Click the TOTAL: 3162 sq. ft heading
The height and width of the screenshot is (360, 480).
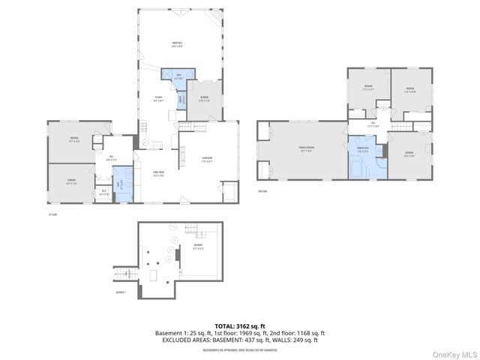click(x=239, y=326)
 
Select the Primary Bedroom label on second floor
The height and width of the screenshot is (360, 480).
click(x=307, y=148)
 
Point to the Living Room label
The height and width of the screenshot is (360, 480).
click(x=208, y=158)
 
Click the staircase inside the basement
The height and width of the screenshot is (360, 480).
click(x=193, y=229)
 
